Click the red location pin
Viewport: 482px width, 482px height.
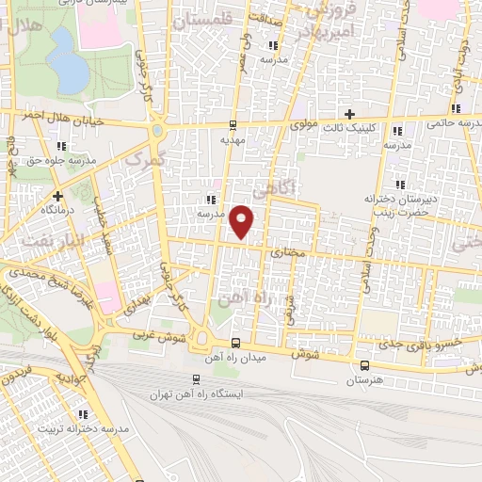point(243,220)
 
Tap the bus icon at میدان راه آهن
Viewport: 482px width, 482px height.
point(234,343)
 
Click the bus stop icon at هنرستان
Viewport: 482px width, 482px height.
point(363,365)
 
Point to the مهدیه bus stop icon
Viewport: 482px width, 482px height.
point(233,124)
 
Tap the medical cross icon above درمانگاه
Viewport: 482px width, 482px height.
point(58,197)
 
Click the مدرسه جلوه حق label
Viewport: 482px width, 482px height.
point(63,161)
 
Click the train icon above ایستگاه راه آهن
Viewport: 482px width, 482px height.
point(196,379)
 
